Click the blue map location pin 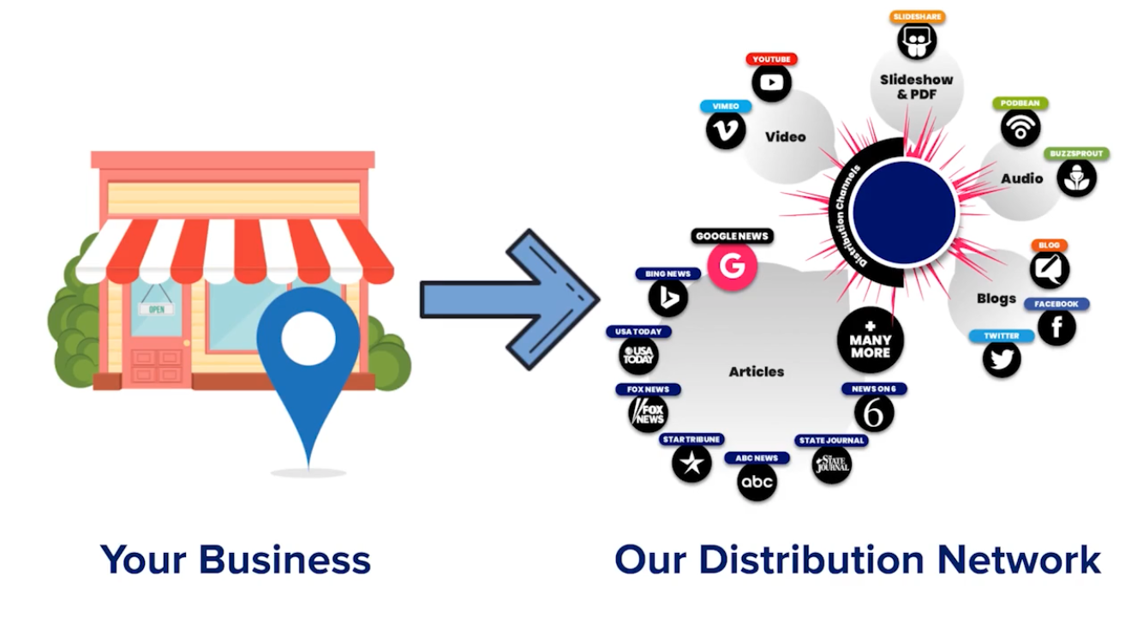(x=308, y=343)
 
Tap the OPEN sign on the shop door (x=157, y=309)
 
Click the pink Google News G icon (x=732, y=267)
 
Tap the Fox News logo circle (x=648, y=413)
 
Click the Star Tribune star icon (x=691, y=463)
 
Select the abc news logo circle (x=757, y=482)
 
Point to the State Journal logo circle (x=832, y=465)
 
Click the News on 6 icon (x=874, y=413)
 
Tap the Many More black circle (x=871, y=340)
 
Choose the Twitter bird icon (x=1002, y=358)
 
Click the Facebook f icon (x=1056, y=327)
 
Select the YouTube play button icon (x=771, y=83)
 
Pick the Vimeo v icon (x=726, y=130)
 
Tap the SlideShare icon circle (x=917, y=41)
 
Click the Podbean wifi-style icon (x=1020, y=128)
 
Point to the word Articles (x=757, y=371)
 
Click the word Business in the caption (x=284, y=560)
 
